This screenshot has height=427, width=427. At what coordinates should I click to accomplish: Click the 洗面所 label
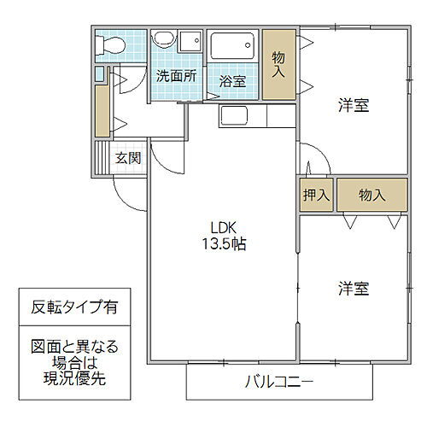176,75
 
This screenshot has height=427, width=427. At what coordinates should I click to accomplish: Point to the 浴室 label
232,81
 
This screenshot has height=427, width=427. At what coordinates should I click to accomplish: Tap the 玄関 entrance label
129,158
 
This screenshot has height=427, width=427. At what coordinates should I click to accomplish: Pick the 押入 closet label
316,196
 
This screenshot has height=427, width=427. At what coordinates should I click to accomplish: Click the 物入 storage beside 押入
371,196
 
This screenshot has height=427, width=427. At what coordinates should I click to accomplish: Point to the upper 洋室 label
353,107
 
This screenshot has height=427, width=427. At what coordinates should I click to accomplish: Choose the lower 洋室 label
353,289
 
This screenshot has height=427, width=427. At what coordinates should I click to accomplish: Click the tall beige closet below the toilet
102,107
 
